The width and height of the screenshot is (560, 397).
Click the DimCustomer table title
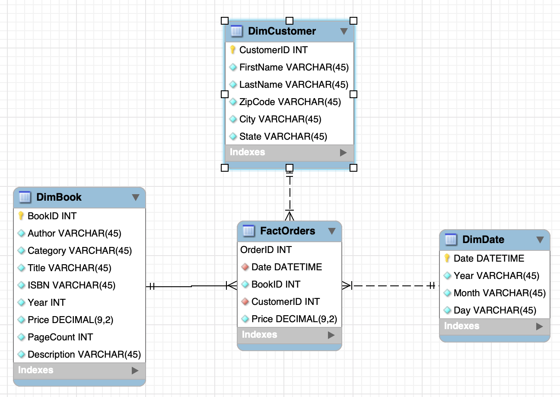pyautogui.click(x=282, y=31)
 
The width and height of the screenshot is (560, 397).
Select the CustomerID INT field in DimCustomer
pyautogui.click(x=273, y=50)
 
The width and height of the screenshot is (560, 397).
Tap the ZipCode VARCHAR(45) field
pyautogui.click(x=290, y=102)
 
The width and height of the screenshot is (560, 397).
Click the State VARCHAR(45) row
pyautogui.click(x=283, y=137)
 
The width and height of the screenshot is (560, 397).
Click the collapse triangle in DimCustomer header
pyautogui.click(x=344, y=31)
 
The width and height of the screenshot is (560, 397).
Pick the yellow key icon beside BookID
pyautogui.click(x=21, y=216)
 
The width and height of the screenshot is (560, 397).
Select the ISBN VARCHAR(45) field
pyautogui.click(x=71, y=285)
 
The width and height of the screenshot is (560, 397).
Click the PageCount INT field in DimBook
pyautogui.click(x=60, y=337)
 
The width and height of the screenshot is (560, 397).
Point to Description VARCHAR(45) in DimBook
pyautogui.click(x=84, y=355)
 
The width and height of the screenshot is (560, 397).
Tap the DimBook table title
pyautogui.click(x=59, y=197)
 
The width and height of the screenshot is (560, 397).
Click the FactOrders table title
pyautogui.click(x=287, y=231)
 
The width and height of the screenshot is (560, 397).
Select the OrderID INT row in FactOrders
pyautogui.click(x=266, y=250)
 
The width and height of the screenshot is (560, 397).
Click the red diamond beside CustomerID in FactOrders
pyautogui.click(x=245, y=302)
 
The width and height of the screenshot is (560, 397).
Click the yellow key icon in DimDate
pyautogui.click(x=447, y=258)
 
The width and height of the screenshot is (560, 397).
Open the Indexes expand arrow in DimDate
pyautogui.click(x=539, y=327)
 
